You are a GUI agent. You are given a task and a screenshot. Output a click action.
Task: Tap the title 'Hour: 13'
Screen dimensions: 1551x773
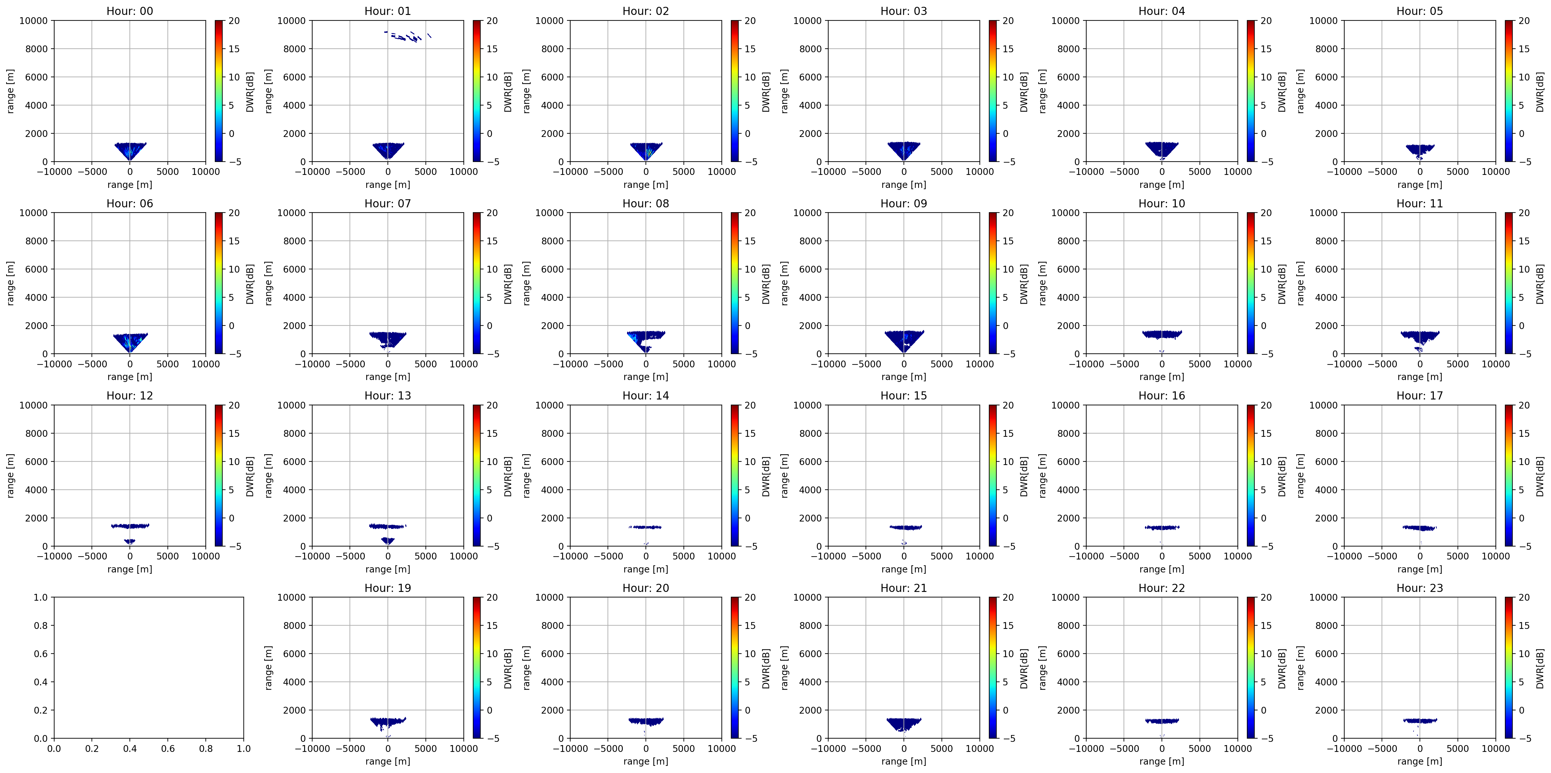coord(388,396)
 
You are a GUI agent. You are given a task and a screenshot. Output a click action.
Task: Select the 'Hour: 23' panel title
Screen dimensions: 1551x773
coord(1420,588)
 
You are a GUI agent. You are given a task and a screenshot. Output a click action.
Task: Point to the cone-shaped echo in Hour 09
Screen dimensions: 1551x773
coord(904,340)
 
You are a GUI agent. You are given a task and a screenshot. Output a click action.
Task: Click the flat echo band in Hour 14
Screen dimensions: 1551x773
coord(646,527)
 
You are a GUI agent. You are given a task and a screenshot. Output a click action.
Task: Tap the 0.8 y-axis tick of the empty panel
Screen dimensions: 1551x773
coord(40,625)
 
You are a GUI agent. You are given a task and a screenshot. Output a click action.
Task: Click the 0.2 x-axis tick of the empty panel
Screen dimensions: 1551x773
coord(92,748)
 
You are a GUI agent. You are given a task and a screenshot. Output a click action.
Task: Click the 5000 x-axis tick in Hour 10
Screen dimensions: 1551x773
coord(1200,364)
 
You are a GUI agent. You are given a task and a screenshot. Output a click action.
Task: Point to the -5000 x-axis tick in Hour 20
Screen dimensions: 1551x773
coord(608,748)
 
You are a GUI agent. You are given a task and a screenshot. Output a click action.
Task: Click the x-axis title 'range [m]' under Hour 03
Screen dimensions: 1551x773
coord(904,185)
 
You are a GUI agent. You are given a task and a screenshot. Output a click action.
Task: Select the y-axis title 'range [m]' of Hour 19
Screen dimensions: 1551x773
coord(268,668)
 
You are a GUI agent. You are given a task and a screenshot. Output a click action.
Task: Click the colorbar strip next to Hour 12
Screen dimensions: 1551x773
coord(219,476)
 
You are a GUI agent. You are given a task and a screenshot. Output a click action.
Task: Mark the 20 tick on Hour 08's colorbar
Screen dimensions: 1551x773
coord(750,213)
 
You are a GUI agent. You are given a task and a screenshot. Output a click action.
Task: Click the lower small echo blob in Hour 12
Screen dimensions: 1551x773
coord(129,541)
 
